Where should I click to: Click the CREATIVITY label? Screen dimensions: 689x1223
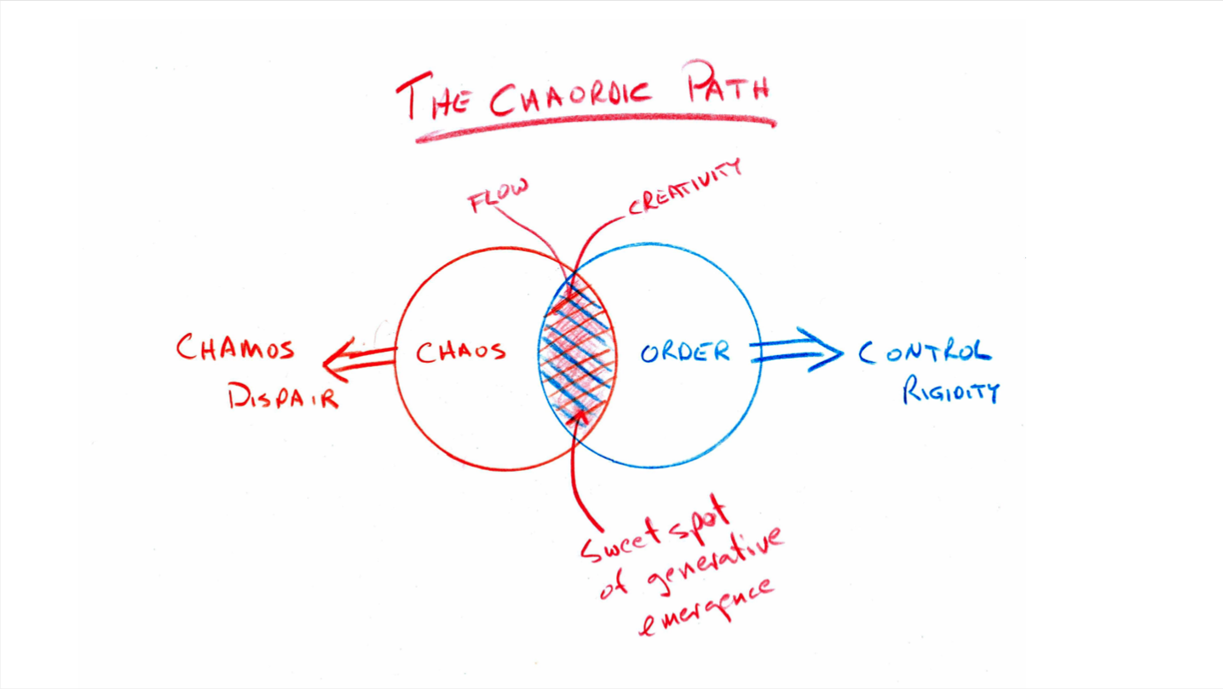[684, 187]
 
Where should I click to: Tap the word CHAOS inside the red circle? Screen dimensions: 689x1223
[460, 351]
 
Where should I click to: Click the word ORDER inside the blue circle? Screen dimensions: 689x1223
[684, 351]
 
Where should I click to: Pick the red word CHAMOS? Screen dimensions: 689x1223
[235, 348]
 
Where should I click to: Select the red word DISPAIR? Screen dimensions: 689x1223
[283, 395]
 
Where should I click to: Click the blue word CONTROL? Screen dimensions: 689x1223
[925, 352]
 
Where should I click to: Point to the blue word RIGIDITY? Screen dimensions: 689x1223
[950, 391]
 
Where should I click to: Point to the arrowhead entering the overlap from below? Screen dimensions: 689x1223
[582, 415]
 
